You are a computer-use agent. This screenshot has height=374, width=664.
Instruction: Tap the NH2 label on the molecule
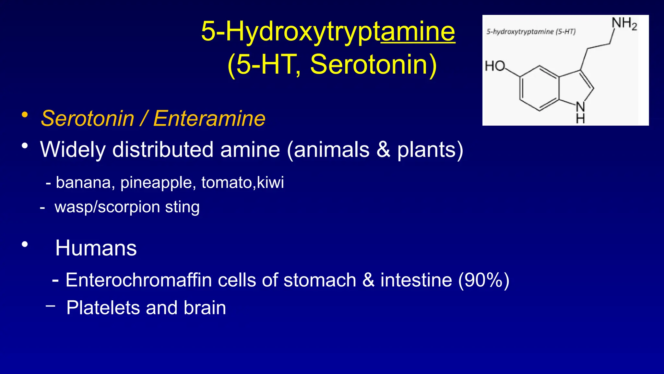coord(624,24)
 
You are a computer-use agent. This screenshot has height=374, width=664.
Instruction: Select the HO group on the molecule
coord(495,66)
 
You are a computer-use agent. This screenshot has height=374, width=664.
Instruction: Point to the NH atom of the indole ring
coord(580,112)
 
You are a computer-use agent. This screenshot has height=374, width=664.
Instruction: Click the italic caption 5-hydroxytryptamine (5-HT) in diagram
coord(531,32)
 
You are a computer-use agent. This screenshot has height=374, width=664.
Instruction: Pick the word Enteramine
coord(209,118)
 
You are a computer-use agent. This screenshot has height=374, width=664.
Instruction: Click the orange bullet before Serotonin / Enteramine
coord(25,115)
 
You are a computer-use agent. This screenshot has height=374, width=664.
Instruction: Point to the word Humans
coord(96,248)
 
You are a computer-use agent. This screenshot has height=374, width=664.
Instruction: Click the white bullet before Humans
coord(25,244)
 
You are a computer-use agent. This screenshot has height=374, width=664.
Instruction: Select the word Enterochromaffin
coord(138,280)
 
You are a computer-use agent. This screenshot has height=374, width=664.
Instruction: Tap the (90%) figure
coord(483,280)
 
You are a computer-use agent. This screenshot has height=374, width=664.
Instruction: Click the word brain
coord(205,308)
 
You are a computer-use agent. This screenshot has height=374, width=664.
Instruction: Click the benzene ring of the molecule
coord(539,88)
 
